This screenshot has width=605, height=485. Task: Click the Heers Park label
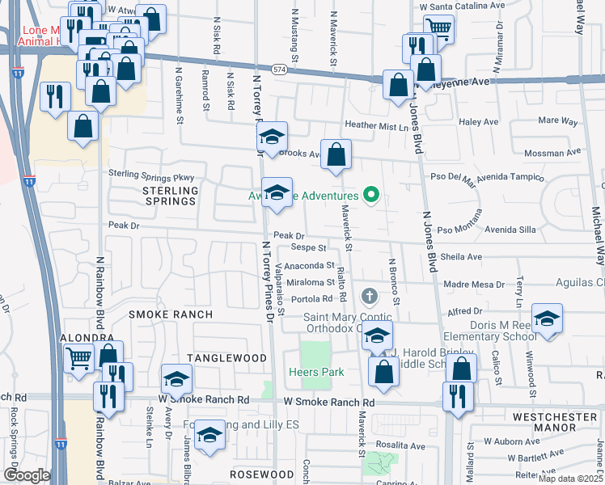point(315,372)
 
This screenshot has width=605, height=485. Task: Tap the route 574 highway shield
point(279,70)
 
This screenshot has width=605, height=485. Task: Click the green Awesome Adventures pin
point(371,195)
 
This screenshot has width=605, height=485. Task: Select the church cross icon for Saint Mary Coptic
point(370,297)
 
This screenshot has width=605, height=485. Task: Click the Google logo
point(27,475)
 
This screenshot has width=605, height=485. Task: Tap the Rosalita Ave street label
point(398,445)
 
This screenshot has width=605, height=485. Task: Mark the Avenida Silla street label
point(510,230)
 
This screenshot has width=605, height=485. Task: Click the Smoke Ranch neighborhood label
point(171,314)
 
